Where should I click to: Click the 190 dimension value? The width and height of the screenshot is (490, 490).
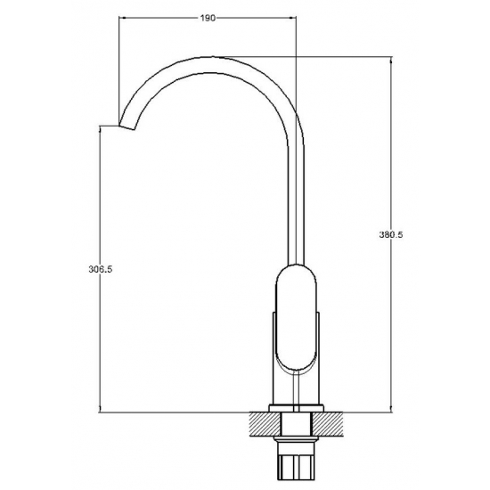[208, 18]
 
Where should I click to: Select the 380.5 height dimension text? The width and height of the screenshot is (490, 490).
[391, 234]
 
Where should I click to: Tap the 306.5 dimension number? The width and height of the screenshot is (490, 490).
[101, 269]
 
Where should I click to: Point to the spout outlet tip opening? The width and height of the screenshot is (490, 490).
[127, 127]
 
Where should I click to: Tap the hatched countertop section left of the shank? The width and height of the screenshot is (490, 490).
[265, 424]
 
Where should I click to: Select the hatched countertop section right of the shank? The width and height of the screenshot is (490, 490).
[328, 424]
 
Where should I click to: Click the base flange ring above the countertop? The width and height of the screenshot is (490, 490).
[297, 408]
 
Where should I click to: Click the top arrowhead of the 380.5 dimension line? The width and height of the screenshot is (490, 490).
[390, 60]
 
